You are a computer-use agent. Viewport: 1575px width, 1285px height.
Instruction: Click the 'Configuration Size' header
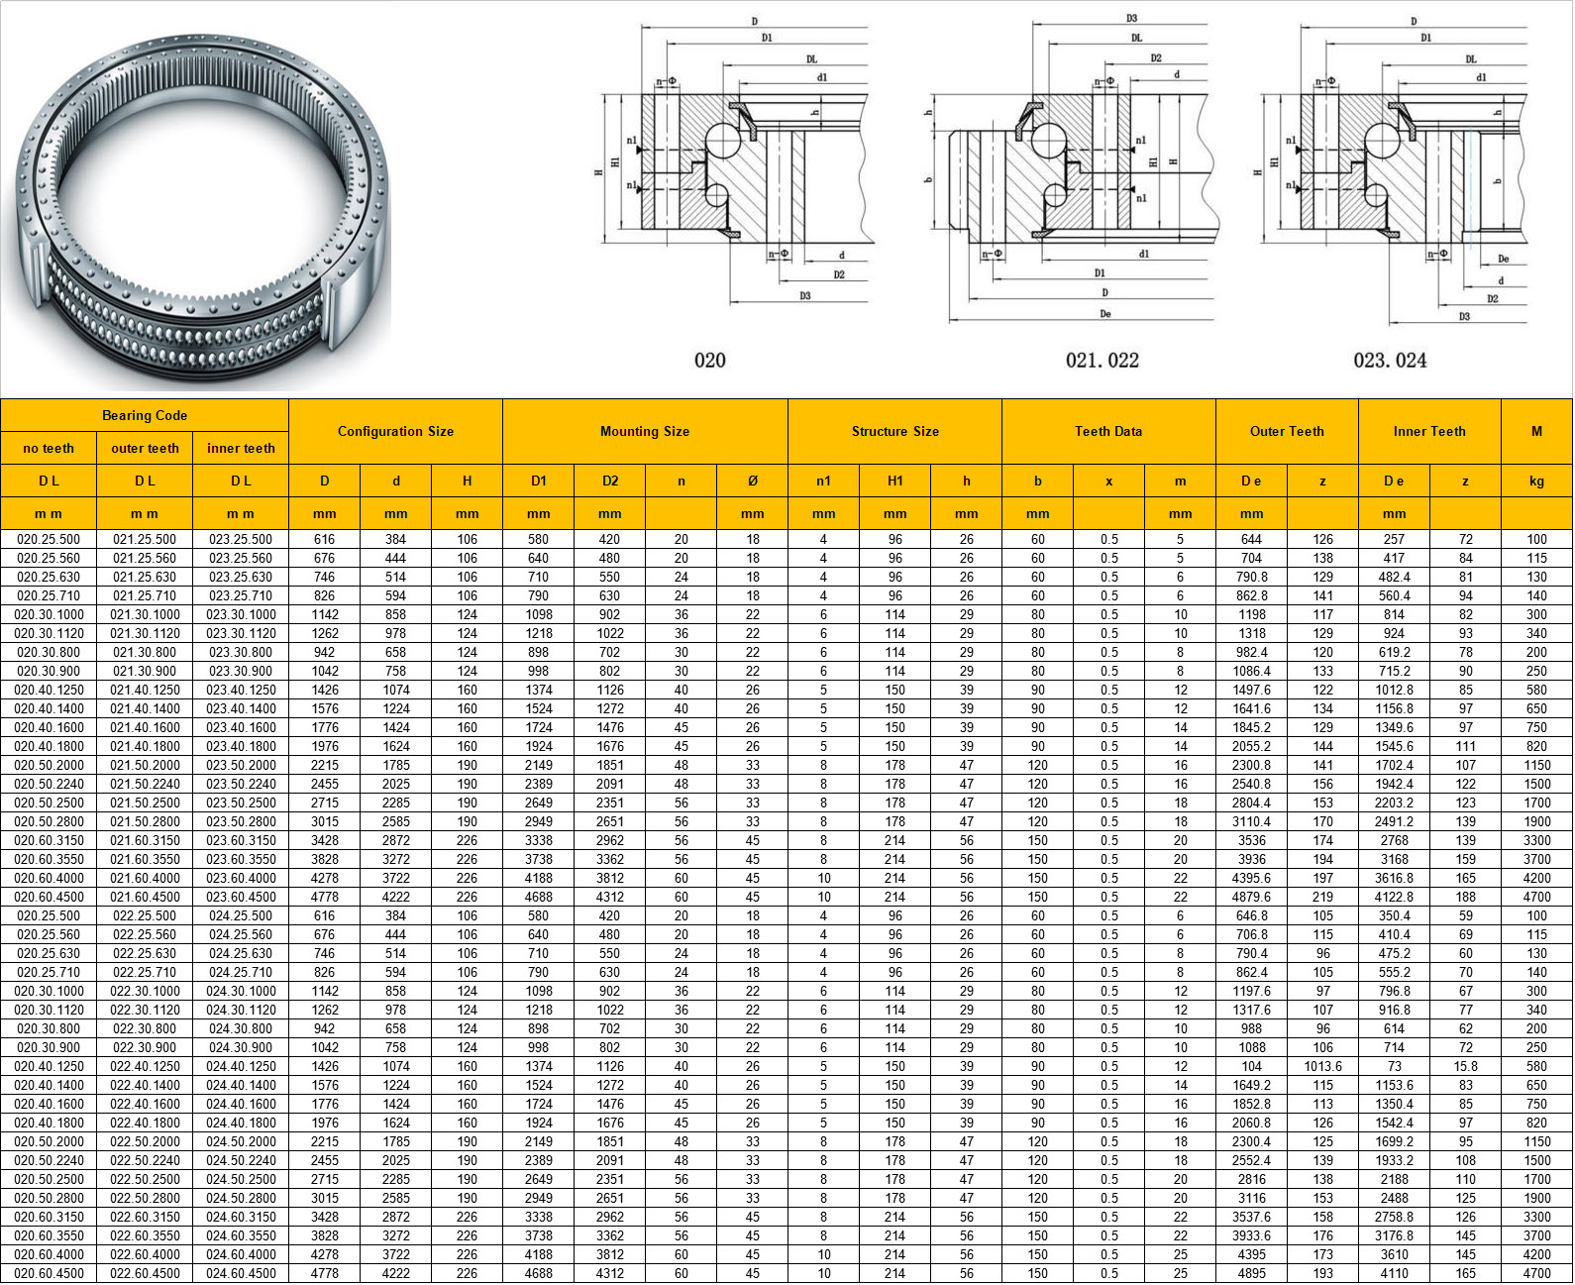(396, 431)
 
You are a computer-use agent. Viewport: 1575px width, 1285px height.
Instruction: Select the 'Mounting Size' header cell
(645, 431)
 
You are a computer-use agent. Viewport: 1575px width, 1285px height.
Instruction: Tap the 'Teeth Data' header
(1108, 431)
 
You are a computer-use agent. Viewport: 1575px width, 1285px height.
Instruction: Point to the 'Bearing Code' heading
(145, 415)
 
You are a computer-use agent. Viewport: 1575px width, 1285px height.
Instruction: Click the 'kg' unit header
(1536, 482)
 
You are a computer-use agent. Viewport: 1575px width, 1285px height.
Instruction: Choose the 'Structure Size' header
(894, 431)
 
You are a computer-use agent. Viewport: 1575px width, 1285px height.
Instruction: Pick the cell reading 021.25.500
(145, 539)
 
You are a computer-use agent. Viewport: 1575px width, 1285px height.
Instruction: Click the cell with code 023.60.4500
(241, 897)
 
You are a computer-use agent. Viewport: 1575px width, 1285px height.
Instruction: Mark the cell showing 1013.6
(1322, 1066)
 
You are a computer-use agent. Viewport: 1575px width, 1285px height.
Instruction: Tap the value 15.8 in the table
(1465, 1066)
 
